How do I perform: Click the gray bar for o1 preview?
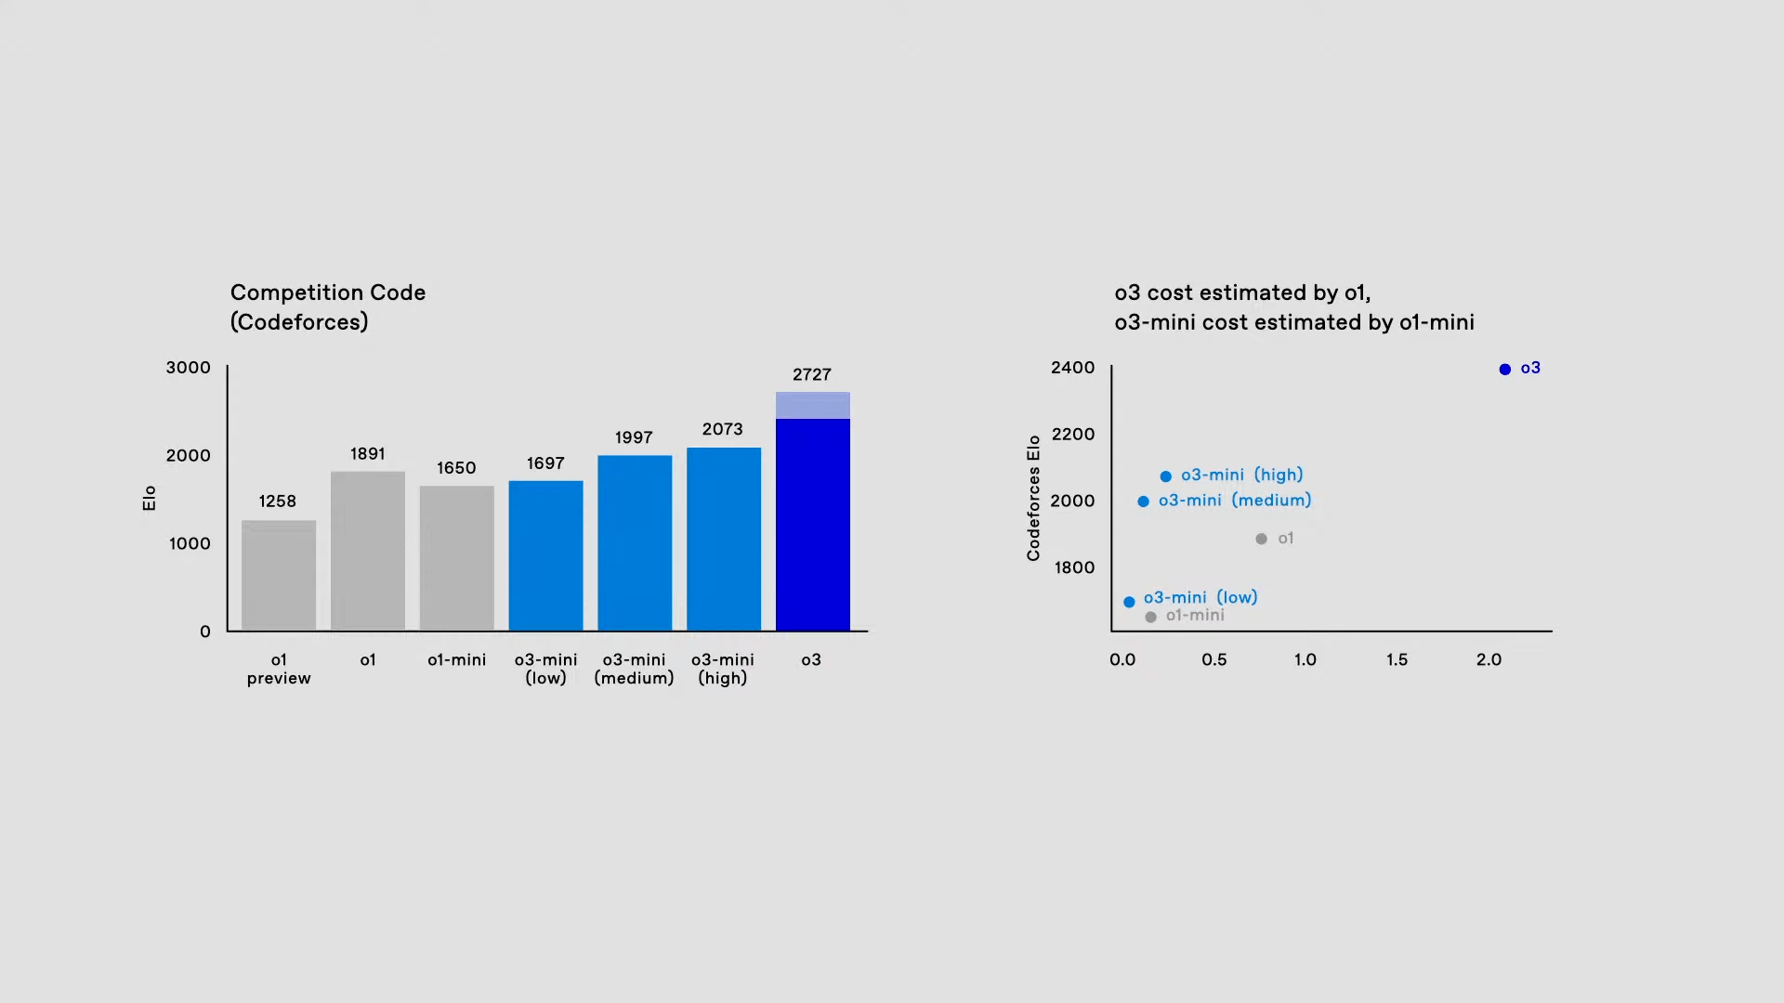[279, 576]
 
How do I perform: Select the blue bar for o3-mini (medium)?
[635, 543]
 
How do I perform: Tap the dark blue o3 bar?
[813, 525]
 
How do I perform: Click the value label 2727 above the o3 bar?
[812, 374]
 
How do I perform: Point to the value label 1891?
[368, 454]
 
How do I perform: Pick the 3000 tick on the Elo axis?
[189, 368]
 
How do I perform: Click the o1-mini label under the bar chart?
[456, 660]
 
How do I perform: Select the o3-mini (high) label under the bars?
[723, 669]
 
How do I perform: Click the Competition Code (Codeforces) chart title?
[328, 306]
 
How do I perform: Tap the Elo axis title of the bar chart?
[150, 498]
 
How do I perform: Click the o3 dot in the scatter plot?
[1505, 370]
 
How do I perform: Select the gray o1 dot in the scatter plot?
[1261, 539]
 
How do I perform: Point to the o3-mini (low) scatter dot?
[1129, 602]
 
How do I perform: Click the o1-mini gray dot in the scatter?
[1151, 617]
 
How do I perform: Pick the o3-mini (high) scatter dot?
[1166, 476]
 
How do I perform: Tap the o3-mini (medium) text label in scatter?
[1235, 501]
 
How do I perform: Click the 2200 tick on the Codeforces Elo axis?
[1073, 435]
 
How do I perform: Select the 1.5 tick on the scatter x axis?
[1397, 659]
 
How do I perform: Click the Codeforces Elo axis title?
[1033, 498]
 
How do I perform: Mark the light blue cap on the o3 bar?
[813, 405]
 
